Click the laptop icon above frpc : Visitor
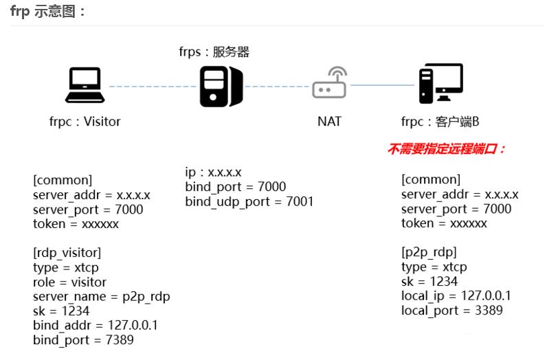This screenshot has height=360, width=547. [x=85, y=85]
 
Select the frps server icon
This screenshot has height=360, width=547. [x=221, y=87]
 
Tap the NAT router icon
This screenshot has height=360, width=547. [x=330, y=84]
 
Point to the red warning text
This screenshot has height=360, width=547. [x=447, y=149]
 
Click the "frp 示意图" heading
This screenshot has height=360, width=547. [x=49, y=12]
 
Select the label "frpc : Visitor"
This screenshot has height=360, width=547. [x=84, y=122]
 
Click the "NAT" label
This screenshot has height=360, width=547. [x=329, y=122]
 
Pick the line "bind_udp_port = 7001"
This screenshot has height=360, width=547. [x=249, y=201]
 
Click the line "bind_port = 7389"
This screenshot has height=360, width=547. [x=83, y=339]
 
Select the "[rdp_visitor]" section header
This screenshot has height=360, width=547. [x=67, y=253]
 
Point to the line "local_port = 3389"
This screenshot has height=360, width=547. [x=451, y=311]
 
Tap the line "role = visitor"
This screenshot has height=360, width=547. [x=69, y=282]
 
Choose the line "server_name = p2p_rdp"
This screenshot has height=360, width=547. [x=101, y=296]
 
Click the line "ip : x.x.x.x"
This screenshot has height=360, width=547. [x=213, y=172]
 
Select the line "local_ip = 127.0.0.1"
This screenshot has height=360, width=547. [x=456, y=296]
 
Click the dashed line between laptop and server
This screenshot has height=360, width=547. [x=151, y=87]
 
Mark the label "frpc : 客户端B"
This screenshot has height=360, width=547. [x=440, y=122]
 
